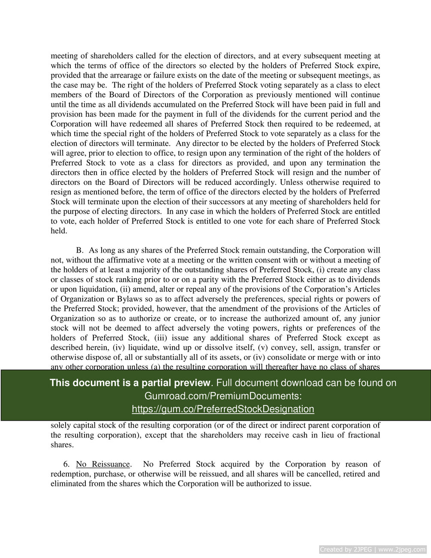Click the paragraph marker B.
pos(79,250)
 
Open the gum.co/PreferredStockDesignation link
pos(223,409)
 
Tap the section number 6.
pos(66,464)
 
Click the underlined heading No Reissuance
pos(103,464)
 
